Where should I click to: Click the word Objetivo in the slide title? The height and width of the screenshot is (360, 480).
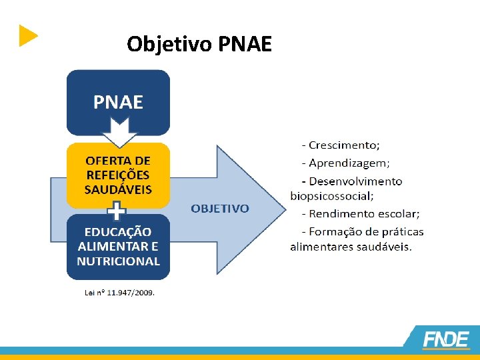click(x=169, y=44)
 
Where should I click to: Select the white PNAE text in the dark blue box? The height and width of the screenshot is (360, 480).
click(x=118, y=102)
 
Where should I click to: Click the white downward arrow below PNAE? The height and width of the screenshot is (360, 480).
click(x=118, y=133)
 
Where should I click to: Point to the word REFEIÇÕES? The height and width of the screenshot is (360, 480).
click(x=118, y=175)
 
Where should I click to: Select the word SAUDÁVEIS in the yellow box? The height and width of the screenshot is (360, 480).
click(x=118, y=189)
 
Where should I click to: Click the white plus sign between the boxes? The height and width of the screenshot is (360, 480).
click(x=117, y=212)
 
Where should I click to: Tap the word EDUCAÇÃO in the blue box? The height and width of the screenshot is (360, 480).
click(x=118, y=232)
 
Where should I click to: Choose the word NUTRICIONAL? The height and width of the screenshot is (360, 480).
click(x=118, y=261)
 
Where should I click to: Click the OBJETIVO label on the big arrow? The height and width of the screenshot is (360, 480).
click(x=220, y=209)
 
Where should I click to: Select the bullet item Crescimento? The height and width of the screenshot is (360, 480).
click(x=344, y=145)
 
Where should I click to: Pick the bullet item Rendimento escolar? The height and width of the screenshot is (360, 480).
click(x=363, y=214)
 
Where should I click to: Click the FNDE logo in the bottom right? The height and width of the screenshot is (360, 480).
click(x=445, y=339)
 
